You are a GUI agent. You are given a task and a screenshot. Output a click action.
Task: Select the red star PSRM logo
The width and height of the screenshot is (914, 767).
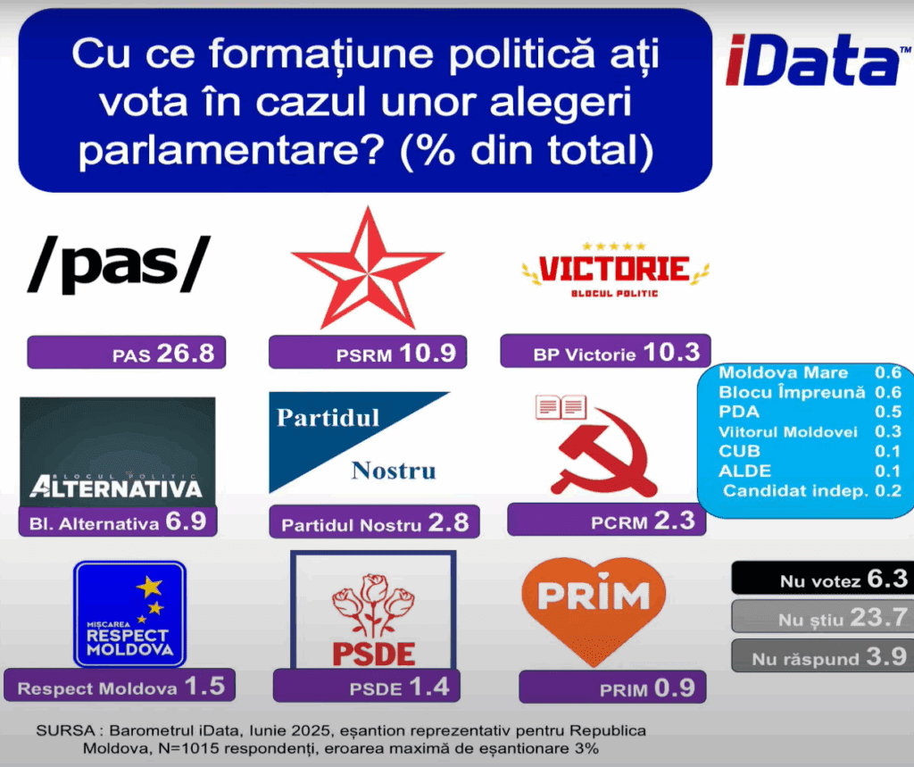367,268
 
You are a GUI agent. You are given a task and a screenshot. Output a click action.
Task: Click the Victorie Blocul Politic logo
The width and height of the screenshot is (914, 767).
615,270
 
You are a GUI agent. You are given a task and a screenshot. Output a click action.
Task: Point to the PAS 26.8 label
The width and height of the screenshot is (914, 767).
127,353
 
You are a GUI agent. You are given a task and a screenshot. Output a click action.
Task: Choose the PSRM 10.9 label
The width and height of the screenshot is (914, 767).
368,353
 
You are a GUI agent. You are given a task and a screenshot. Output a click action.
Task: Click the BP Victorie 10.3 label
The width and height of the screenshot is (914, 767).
606,351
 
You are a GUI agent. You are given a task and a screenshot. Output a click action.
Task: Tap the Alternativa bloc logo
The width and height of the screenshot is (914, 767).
118,452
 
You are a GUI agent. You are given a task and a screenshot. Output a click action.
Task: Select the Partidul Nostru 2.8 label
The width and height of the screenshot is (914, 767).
374,521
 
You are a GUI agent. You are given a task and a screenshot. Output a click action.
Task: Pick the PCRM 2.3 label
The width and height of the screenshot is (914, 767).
607,520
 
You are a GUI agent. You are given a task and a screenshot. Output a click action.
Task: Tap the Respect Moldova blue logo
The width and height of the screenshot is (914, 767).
130,614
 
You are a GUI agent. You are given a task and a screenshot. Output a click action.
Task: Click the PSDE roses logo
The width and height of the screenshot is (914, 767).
374,610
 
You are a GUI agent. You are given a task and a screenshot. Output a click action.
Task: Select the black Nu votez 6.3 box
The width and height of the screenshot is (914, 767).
822,578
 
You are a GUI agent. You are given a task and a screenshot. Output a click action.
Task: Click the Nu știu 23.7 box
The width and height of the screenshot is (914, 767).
822,616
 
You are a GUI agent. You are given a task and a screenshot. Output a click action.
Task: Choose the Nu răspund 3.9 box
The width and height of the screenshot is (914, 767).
822,655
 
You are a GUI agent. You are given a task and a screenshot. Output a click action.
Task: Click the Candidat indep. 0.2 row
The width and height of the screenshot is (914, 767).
812,490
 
